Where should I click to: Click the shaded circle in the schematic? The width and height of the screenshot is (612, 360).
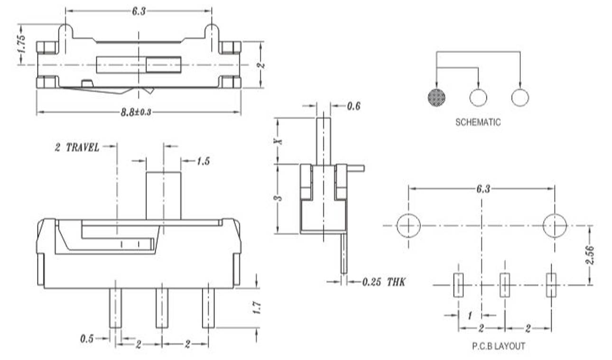point(437,97)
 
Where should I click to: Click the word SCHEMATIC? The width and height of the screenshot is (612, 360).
point(478,122)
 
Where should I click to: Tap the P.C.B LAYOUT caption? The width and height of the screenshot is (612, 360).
point(498,346)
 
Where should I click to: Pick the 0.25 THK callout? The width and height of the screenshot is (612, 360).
point(384,282)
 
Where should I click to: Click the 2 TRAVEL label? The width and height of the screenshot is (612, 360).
point(77,148)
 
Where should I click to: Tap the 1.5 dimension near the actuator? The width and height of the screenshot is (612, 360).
point(203,161)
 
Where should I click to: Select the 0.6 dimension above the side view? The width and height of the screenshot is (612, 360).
point(353,106)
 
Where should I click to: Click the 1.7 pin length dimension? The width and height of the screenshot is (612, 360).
point(257,308)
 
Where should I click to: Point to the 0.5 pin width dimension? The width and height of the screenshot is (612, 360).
point(87,339)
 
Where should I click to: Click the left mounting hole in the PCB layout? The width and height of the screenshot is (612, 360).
point(408,226)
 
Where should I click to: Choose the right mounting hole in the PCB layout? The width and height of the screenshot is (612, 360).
point(555,226)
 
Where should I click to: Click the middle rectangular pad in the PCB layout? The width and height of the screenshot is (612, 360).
point(505,285)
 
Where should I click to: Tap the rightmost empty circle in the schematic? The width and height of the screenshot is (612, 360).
point(520,97)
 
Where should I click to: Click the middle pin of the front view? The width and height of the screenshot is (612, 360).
point(162,307)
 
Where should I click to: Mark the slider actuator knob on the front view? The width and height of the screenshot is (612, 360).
point(163,195)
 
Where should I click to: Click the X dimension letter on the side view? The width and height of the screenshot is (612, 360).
point(279,141)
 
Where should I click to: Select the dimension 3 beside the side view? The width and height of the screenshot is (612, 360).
point(279,198)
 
